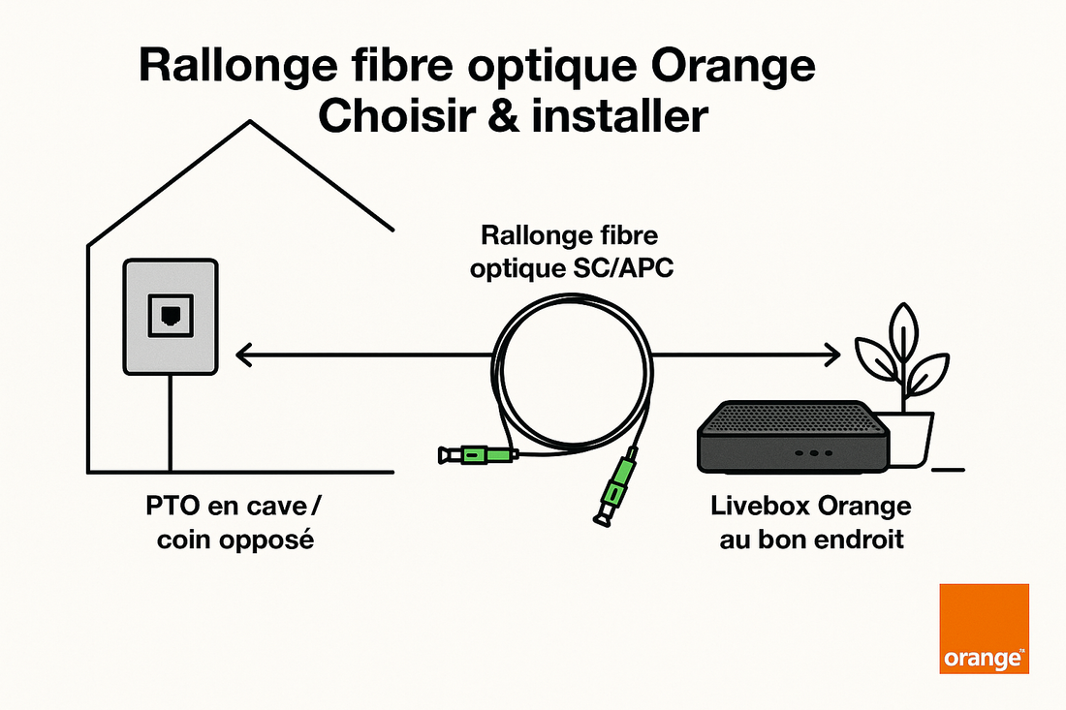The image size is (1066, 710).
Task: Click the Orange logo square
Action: pyautogui.click(x=984, y=628)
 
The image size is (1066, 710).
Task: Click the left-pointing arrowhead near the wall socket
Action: pyautogui.click(x=243, y=356)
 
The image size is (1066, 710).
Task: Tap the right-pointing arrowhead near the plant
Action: pyautogui.click(x=832, y=356)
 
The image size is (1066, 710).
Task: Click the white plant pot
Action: pyautogui.click(x=911, y=437)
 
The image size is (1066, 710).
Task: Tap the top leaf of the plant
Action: pyautogui.click(x=902, y=330)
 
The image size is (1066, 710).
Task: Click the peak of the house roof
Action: pyautogui.click(x=252, y=122)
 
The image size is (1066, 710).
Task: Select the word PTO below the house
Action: pyautogui.click(x=171, y=507)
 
